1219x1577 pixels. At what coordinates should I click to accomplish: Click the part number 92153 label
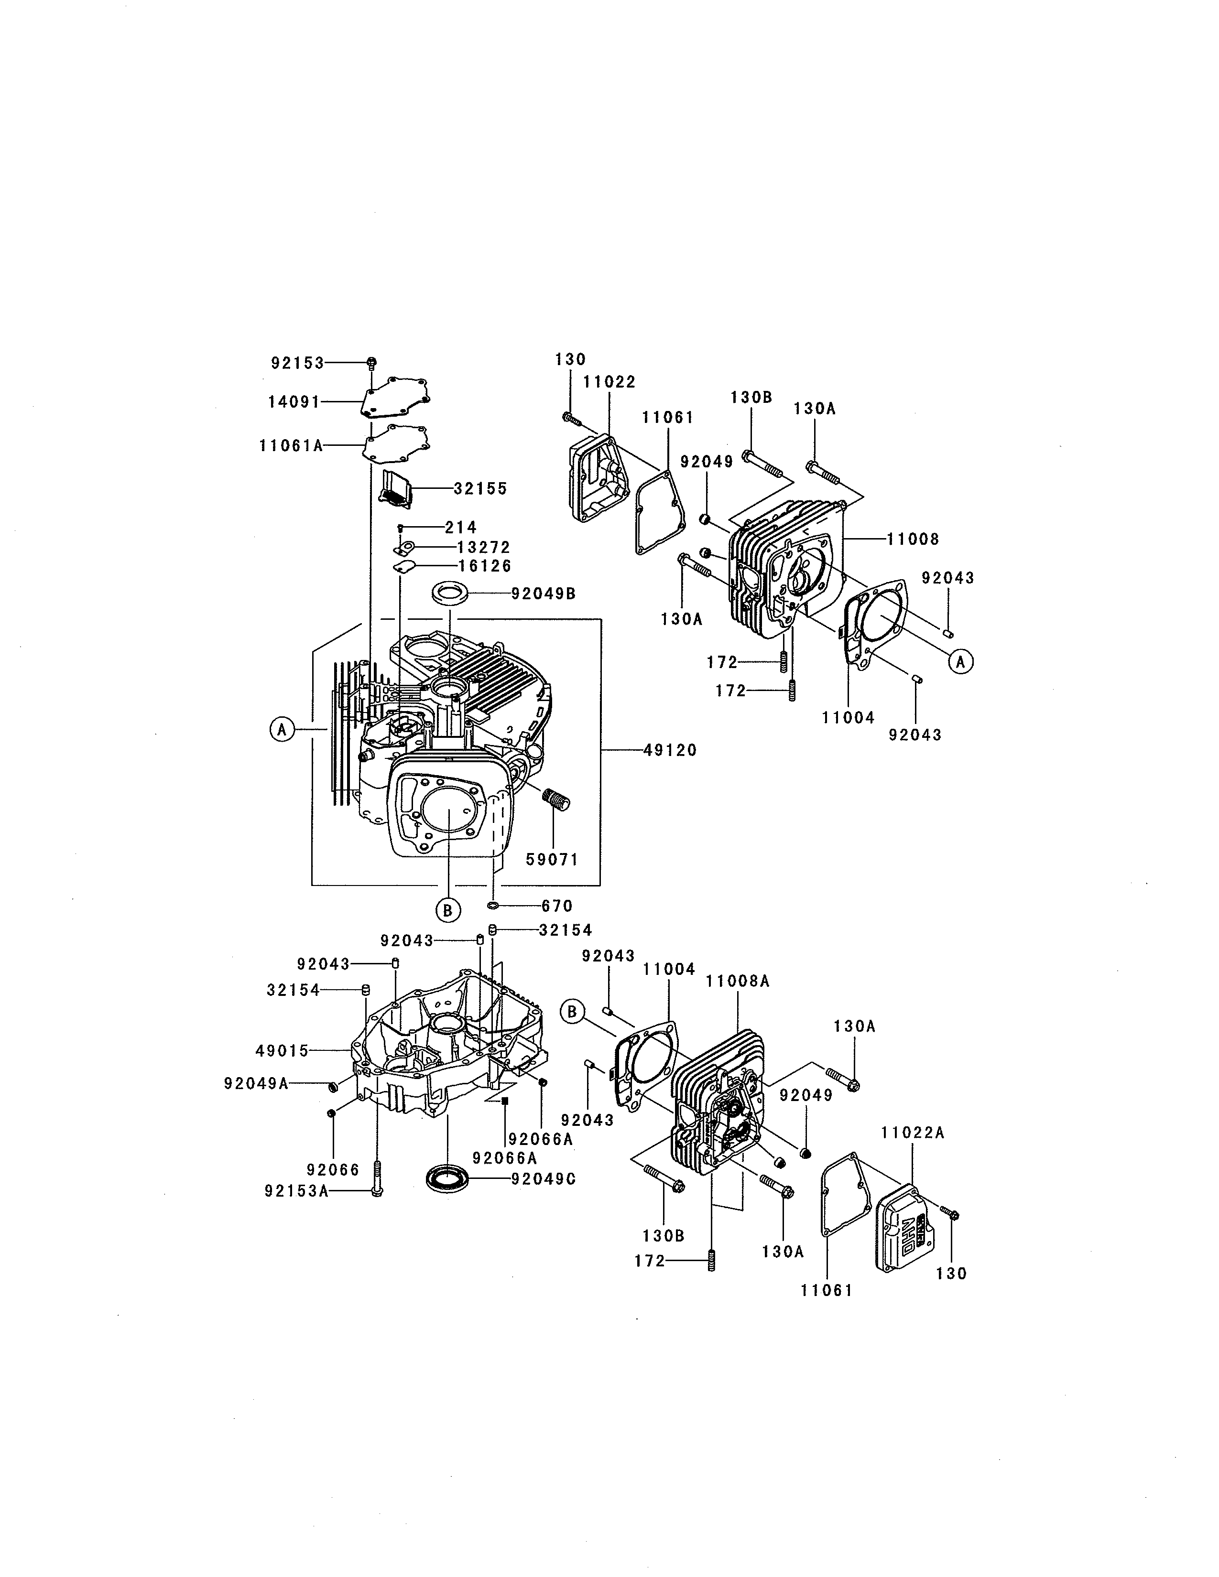[x=297, y=363]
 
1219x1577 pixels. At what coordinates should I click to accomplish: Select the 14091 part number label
[x=294, y=402]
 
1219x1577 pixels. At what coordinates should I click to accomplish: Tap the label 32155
[x=480, y=489]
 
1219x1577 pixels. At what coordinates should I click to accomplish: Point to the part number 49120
[x=670, y=751]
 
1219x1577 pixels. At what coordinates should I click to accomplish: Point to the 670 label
[x=557, y=906]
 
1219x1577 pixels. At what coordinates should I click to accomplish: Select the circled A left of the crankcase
[x=282, y=730]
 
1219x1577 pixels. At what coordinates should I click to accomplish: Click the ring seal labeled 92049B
[x=449, y=593]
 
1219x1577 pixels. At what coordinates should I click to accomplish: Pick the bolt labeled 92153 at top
[x=371, y=363]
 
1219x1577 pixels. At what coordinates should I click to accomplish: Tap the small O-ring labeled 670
[x=494, y=906]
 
